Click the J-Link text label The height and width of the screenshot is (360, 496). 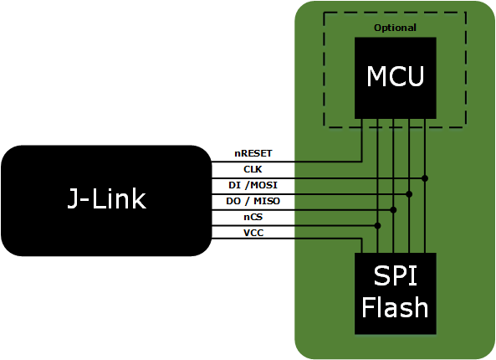point(106,199)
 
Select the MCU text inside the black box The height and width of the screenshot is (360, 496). point(396,77)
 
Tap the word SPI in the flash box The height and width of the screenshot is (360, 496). point(395,278)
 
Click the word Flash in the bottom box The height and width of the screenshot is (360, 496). point(395,307)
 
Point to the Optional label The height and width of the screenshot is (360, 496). point(395,28)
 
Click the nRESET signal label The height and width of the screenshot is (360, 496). point(253,154)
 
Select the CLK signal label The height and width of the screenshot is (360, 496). point(253,169)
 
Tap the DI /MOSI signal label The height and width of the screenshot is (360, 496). point(253,185)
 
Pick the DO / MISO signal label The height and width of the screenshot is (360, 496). point(253,201)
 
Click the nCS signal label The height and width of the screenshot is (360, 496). point(253,216)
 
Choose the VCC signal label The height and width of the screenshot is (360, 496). point(253,232)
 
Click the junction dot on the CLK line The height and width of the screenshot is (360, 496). point(425,178)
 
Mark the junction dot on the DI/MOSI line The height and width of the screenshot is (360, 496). point(409,193)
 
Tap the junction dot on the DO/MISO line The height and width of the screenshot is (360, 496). point(393,209)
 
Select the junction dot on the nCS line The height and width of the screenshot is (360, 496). point(378,225)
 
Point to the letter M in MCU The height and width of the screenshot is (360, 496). point(377,77)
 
